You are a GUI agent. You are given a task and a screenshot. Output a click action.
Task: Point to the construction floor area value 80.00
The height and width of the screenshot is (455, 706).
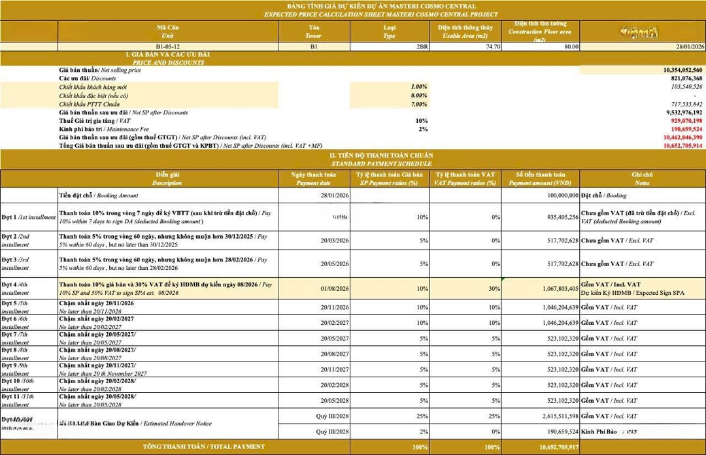pos(569,46)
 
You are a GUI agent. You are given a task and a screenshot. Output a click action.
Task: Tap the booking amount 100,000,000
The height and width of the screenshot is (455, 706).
pos(554,195)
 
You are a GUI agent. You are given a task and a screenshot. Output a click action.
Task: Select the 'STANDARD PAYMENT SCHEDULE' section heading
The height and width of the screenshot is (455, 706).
pos(381,163)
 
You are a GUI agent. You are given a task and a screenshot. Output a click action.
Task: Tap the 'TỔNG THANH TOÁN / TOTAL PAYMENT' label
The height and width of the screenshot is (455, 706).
pos(204,447)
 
